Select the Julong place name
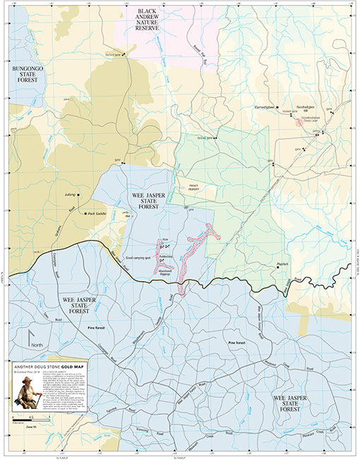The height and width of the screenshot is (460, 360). coord(69,191)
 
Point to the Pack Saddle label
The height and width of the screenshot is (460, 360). coord(97,213)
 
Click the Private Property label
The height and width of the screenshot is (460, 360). coord(196,188)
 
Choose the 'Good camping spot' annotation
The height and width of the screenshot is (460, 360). coord(139,258)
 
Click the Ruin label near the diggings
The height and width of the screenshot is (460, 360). coord(166,240)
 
